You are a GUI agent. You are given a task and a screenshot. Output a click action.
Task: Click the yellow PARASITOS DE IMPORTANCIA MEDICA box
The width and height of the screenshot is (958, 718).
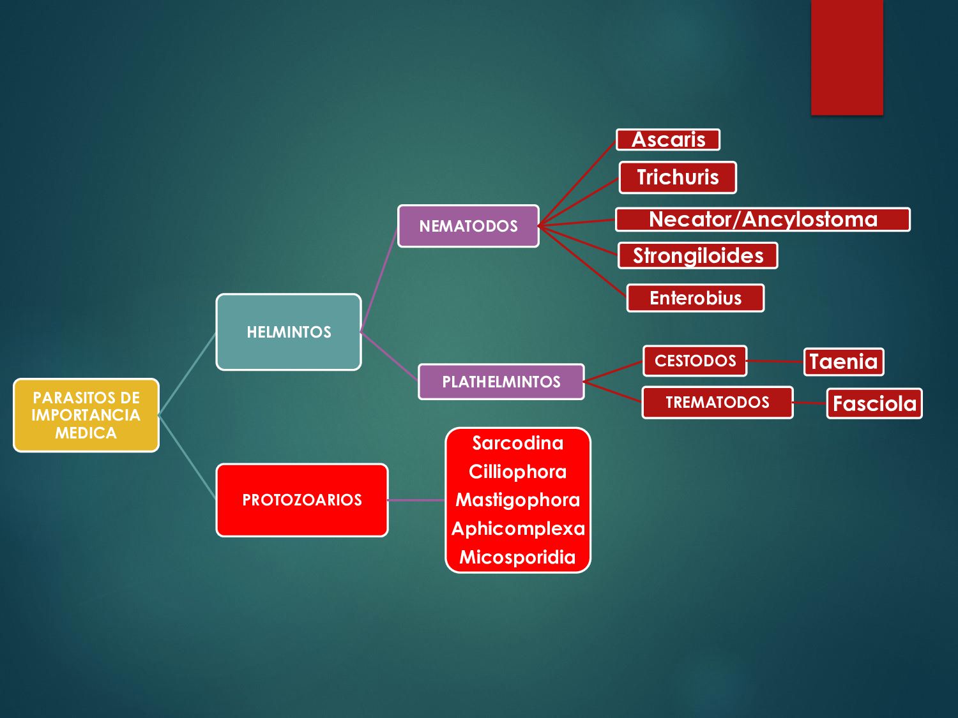[86, 415]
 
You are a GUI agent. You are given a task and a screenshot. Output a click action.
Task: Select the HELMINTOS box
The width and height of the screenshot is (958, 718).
[289, 332]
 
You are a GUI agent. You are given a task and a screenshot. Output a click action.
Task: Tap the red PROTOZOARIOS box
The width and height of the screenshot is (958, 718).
[302, 500]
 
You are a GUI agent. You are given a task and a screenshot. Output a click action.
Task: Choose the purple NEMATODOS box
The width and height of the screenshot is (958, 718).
[468, 226]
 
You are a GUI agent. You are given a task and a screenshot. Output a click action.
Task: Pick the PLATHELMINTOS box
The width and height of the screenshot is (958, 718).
[501, 382]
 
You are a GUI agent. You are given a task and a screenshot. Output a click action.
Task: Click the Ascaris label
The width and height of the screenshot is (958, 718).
[668, 140]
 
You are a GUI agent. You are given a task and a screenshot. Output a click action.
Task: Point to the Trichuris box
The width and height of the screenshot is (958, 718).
[678, 177]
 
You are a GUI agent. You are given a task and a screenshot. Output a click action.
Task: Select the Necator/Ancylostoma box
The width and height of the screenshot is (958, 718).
[763, 220]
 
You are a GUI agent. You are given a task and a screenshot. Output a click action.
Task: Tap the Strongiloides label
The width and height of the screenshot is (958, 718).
[698, 256]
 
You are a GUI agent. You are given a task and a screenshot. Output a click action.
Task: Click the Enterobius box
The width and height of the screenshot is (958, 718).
[696, 298]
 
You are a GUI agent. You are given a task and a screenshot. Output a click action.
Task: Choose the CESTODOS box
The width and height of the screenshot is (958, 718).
[695, 361]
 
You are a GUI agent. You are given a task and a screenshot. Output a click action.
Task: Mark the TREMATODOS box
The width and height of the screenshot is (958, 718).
[717, 402]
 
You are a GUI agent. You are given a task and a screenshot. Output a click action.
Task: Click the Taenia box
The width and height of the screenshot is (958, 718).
[844, 362]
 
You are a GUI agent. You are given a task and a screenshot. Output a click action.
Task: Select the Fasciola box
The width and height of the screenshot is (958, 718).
[874, 403]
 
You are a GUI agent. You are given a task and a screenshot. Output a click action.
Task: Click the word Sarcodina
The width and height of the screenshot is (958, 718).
[517, 443]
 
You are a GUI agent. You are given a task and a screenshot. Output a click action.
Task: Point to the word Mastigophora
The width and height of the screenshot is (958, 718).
[517, 500]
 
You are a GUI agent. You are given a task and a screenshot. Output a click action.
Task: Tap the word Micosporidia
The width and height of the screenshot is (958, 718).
[517, 557]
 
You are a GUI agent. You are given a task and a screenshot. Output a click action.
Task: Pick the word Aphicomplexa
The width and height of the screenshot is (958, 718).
[518, 528]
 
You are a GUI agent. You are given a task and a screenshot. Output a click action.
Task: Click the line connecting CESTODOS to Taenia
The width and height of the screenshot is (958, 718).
[775, 361]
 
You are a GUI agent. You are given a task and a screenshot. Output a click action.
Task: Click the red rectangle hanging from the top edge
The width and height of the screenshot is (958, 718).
[847, 57]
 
